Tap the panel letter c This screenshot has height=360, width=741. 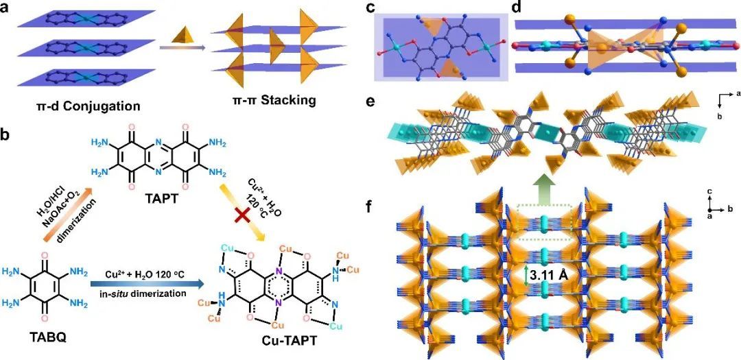point(370,8)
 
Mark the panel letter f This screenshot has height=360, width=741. point(370,205)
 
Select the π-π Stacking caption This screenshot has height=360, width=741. point(273,100)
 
